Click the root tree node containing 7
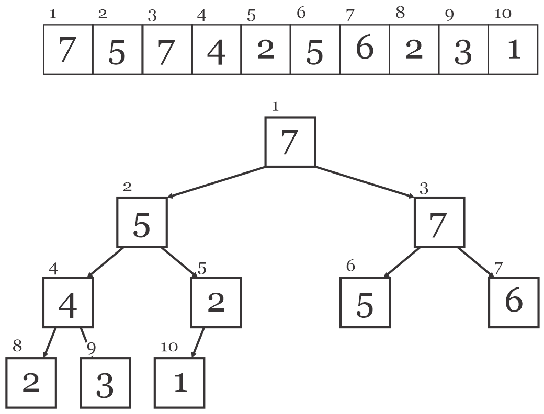290,142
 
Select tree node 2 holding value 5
142,222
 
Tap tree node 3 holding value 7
439,222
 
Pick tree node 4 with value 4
68,302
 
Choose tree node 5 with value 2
216,302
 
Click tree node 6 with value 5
365,302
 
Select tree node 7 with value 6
513,302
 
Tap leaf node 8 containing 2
31,382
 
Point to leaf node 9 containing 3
105,382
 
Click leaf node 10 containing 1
179,382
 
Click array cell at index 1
68,50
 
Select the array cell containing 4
216,50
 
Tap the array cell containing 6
364,50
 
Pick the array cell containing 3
463,50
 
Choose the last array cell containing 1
513,50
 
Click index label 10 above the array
503,14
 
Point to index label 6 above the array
301,14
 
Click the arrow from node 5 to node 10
197,342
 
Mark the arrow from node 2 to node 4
105,262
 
